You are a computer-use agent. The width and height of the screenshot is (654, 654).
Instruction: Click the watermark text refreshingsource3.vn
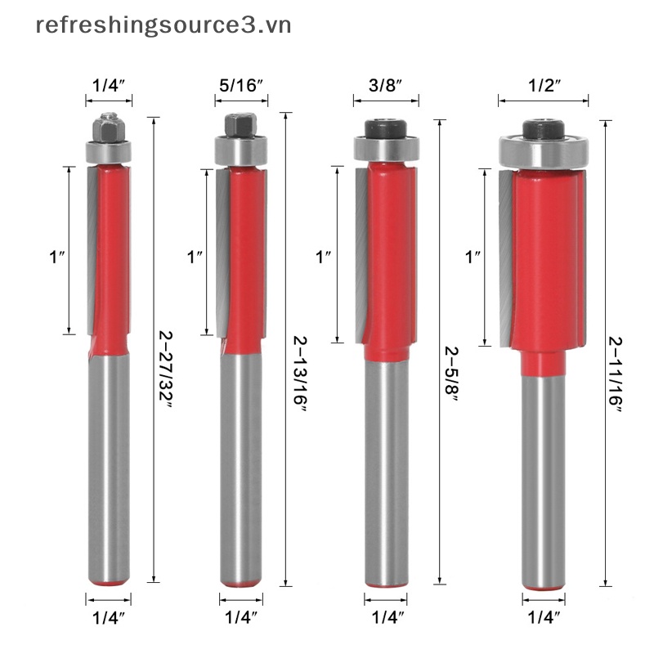click(163, 26)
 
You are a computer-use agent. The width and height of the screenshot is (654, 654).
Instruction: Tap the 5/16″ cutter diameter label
click(241, 86)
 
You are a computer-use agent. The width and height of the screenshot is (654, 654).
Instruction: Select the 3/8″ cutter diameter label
click(385, 86)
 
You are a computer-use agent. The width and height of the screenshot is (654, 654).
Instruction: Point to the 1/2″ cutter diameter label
click(544, 86)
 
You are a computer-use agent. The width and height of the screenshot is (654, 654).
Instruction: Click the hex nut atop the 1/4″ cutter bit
click(109, 128)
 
